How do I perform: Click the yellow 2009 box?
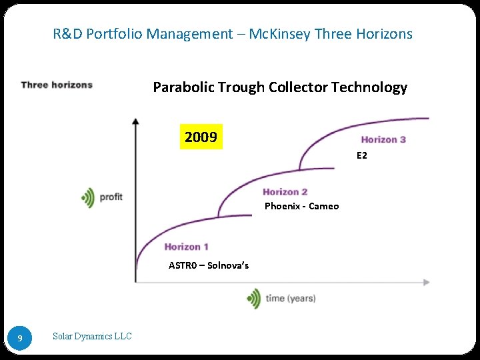click(x=201, y=137)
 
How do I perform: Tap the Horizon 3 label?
click(x=383, y=139)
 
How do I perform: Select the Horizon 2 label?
click(x=285, y=192)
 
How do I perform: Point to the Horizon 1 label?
click(x=187, y=247)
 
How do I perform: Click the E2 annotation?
click(x=362, y=155)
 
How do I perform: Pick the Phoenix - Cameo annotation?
click(x=301, y=206)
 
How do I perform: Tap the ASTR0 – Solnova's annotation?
click(x=209, y=265)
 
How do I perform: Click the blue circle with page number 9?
click(x=20, y=338)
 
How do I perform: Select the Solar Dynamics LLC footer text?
click(x=92, y=337)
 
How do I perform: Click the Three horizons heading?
click(x=57, y=85)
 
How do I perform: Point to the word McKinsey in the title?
click(x=278, y=33)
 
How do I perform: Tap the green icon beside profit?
click(x=88, y=197)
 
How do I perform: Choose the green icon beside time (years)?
click(x=253, y=298)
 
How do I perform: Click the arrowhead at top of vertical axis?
click(x=135, y=121)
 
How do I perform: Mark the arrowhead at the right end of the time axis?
click(x=426, y=282)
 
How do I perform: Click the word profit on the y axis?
click(x=111, y=197)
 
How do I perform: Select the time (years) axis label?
click(x=291, y=298)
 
